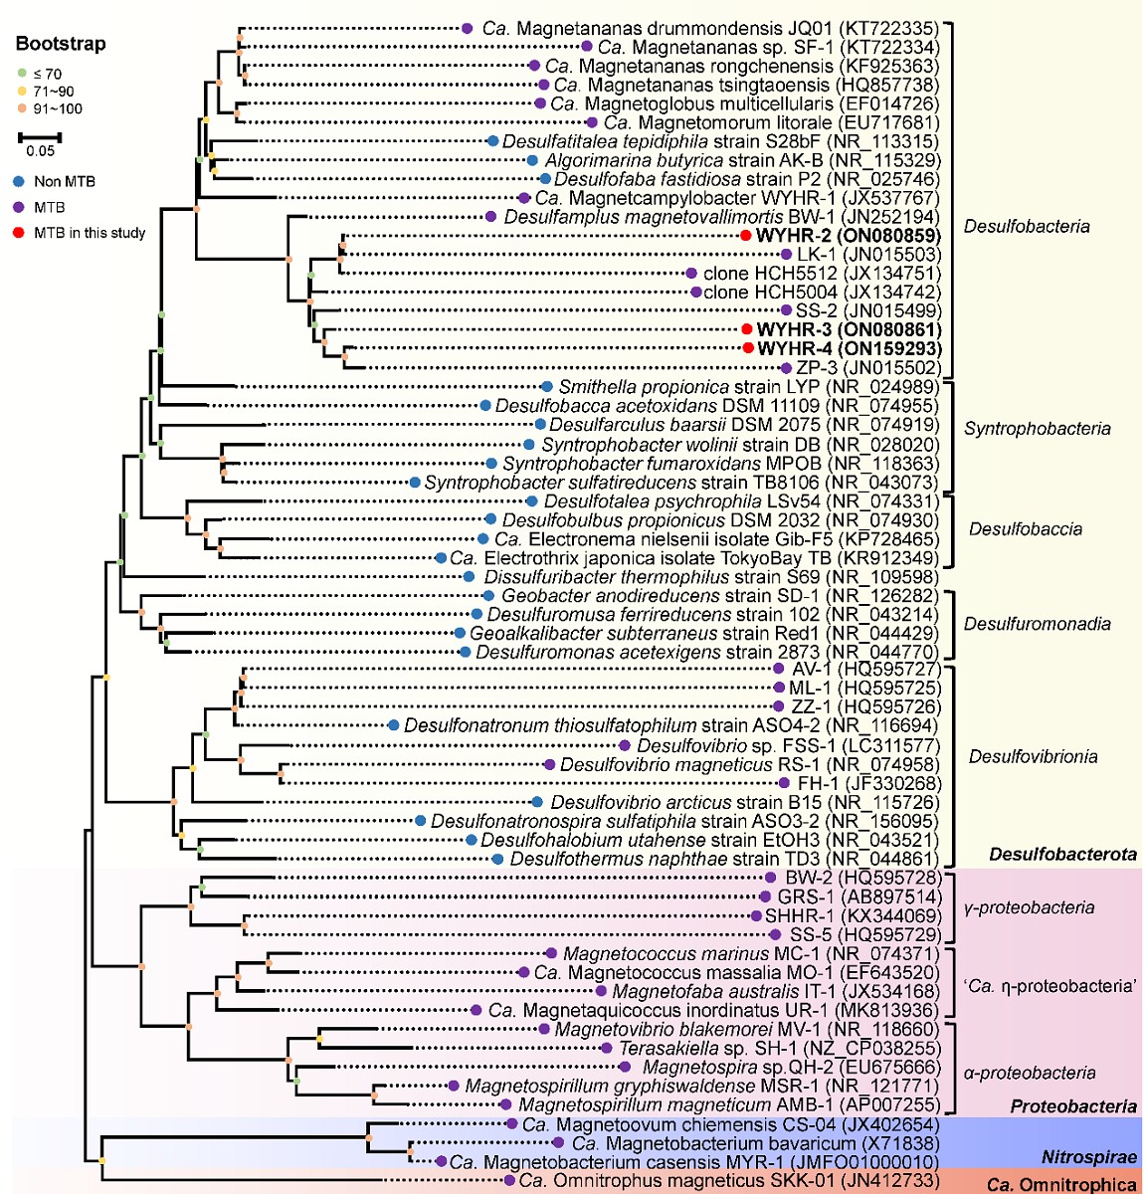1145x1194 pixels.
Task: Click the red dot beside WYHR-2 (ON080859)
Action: pyautogui.click(x=746, y=236)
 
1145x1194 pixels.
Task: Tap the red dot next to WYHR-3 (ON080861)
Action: pyautogui.click(x=746, y=329)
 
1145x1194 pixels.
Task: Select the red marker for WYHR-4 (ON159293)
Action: pyautogui.click(x=748, y=348)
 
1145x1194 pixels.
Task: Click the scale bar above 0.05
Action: pyautogui.click(x=40, y=136)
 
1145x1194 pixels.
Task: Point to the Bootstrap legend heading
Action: pyautogui.click(x=61, y=44)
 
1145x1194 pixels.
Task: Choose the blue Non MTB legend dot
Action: pyautogui.click(x=20, y=182)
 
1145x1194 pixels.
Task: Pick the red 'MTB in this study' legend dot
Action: pyautogui.click(x=20, y=233)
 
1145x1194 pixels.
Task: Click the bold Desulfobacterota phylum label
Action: pyautogui.click(x=1062, y=854)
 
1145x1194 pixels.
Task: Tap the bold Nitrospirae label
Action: pyautogui.click(x=1088, y=1157)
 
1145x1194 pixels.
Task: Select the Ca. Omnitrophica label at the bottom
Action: pyautogui.click(x=1061, y=1184)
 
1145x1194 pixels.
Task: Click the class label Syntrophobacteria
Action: pyautogui.click(x=1037, y=429)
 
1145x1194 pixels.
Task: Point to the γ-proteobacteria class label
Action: pyautogui.click(x=1030, y=907)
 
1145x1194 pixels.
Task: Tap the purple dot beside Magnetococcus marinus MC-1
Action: pyautogui.click(x=552, y=954)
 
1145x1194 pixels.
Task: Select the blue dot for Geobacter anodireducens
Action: pyautogui.click(x=490, y=596)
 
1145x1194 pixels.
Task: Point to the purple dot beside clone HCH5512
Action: pyautogui.click(x=691, y=274)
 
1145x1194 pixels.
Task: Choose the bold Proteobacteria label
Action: pyautogui.click(x=1072, y=1106)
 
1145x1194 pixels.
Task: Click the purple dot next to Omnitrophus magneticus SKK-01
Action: pyautogui.click(x=509, y=1181)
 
